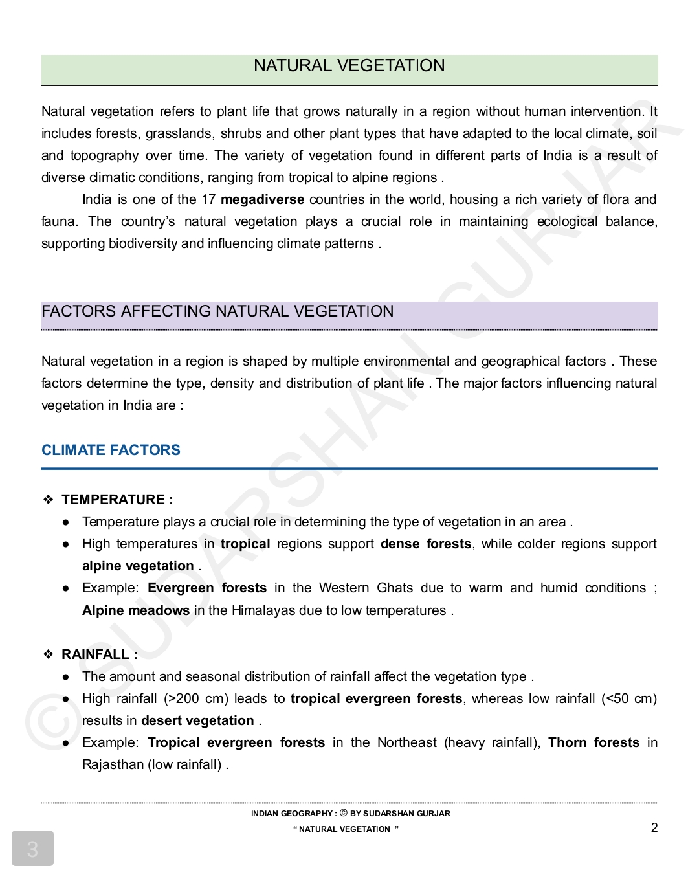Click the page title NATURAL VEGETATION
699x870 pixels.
(x=349, y=65)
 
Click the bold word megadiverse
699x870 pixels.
(x=262, y=199)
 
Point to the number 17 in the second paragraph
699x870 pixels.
(x=208, y=199)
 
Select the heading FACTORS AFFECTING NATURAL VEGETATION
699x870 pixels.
(x=217, y=311)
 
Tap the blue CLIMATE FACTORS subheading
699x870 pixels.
(x=111, y=450)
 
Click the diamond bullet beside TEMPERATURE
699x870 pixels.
(x=49, y=500)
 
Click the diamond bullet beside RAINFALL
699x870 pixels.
(x=49, y=654)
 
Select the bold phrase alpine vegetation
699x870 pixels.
(x=138, y=566)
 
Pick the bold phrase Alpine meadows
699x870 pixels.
(x=136, y=610)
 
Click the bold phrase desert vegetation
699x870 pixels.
(x=197, y=720)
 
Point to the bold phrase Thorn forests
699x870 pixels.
(x=594, y=742)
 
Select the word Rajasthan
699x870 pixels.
(x=113, y=764)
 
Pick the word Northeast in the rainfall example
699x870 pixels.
(x=406, y=742)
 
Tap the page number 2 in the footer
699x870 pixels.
(x=654, y=827)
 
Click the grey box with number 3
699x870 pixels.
(x=32, y=848)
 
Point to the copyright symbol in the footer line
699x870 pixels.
(x=344, y=813)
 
